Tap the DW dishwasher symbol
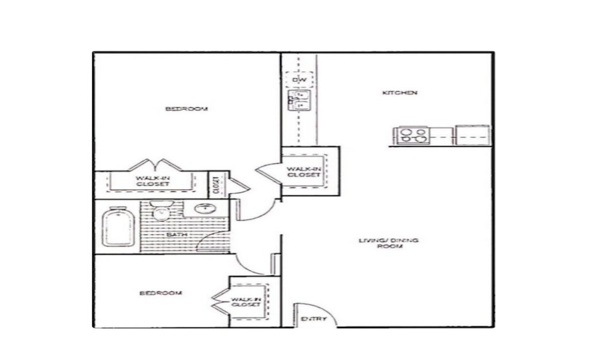point(299,80)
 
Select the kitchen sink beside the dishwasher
point(299,100)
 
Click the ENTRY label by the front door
point(314,319)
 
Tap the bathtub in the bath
point(118,228)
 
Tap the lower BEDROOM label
point(161,293)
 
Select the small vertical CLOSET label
point(215,184)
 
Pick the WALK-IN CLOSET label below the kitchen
point(303,171)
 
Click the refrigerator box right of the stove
point(472,136)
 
